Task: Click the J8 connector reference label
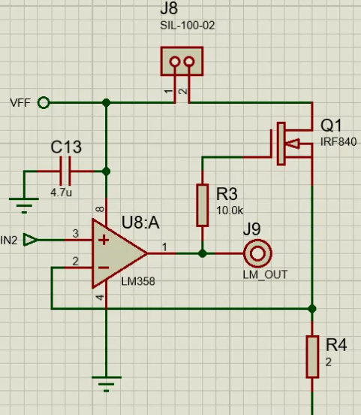coord(169,8)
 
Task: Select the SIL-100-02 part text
coord(188,26)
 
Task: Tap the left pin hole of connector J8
coord(175,62)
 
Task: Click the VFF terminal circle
coord(44,103)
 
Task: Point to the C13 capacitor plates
coord(65,171)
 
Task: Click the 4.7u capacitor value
coord(61,192)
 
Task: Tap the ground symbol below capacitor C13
coord(24,205)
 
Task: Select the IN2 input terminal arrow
coord(30,240)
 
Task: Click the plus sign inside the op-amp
coord(104,240)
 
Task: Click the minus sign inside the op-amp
coord(104,268)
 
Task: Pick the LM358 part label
coord(138,281)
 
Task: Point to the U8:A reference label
coord(140,223)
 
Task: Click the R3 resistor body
coord(203,205)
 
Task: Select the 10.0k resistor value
coord(230,211)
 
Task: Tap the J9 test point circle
coord(257,253)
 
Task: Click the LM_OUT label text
coord(265,275)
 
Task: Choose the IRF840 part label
coord(338,142)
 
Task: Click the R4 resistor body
coord(312,357)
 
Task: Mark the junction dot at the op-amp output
coord(203,253)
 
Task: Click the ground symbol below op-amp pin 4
coord(107,384)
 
